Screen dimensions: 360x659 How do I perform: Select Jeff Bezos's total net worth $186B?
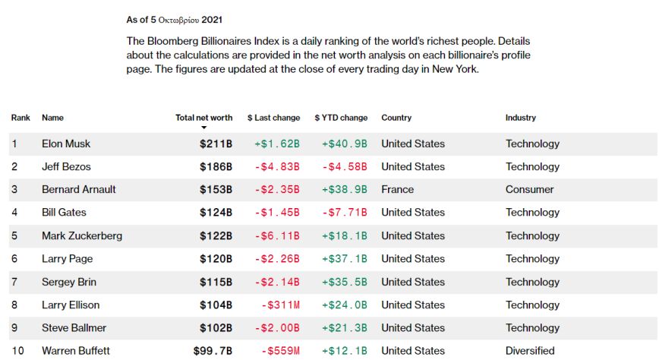coord(216,166)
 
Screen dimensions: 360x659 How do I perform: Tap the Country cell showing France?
coord(397,190)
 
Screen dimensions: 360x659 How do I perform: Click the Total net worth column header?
coord(203,118)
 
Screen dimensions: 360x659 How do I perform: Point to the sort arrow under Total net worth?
coord(203,128)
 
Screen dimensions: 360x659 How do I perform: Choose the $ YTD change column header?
coord(341,118)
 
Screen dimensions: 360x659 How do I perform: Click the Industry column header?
coord(520,118)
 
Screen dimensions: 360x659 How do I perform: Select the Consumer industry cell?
coord(529,190)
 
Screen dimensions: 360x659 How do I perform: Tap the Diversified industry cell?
coord(530,351)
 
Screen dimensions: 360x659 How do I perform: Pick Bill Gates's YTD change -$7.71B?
coord(344,213)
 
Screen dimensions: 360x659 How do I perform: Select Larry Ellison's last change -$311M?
coord(279,305)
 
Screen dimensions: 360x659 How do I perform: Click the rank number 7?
coord(14,282)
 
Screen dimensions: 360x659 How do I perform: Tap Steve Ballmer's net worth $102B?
coord(216,328)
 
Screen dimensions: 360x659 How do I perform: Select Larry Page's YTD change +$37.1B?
coord(344,259)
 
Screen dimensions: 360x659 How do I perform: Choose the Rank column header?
coord(20,118)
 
